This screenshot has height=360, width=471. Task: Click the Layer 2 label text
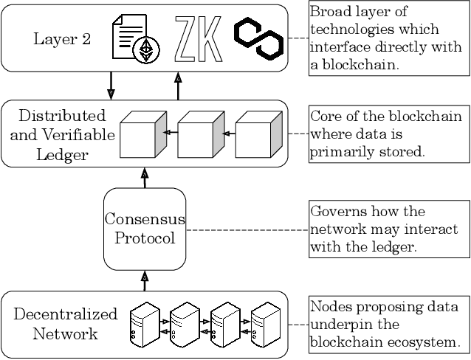pyautogui.click(x=62, y=38)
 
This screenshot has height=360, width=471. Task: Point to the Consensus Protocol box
pyautogui.click(x=144, y=229)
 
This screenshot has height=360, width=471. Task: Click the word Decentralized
pyautogui.click(x=66, y=314)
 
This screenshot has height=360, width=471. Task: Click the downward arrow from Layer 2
pyautogui.click(x=111, y=84)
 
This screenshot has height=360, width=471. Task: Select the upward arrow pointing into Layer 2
pyautogui.click(x=177, y=84)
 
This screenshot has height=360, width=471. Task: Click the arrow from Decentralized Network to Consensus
pyautogui.click(x=145, y=280)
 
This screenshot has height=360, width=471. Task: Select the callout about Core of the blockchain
pyautogui.click(x=388, y=134)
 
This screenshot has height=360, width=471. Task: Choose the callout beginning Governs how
pyautogui.click(x=388, y=229)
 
